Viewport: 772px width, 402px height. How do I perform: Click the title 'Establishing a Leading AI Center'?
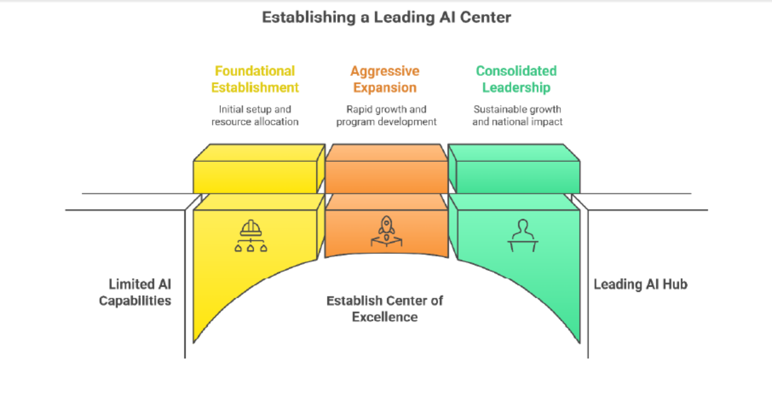pyautogui.click(x=386, y=17)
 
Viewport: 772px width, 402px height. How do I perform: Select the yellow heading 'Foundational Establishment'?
pyautogui.click(x=255, y=79)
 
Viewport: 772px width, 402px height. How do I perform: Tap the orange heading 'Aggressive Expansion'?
pyautogui.click(x=385, y=79)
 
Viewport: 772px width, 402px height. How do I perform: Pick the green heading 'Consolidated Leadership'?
pyautogui.click(x=516, y=79)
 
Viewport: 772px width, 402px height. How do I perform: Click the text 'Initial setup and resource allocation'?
pyautogui.click(x=255, y=115)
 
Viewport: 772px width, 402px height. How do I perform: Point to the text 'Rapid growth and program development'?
pyautogui.click(x=386, y=115)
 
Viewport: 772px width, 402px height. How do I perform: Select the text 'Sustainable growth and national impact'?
pyautogui.click(x=517, y=115)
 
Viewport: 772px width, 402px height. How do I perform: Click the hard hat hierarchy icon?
pyautogui.click(x=251, y=236)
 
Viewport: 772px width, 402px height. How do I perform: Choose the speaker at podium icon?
pyautogui.click(x=522, y=235)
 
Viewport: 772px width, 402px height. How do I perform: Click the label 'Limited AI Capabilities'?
pyautogui.click(x=135, y=292)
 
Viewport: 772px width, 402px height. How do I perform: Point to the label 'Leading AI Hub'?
pyautogui.click(x=640, y=284)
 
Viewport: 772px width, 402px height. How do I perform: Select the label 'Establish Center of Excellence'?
pyautogui.click(x=385, y=308)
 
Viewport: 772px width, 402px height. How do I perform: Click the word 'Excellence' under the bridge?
pyautogui.click(x=385, y=317)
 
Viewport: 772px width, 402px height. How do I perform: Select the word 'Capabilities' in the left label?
pyautogui.click(x=135, y=300)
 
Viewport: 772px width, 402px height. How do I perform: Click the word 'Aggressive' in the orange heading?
pyautogui.click(x=385, y=71)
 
